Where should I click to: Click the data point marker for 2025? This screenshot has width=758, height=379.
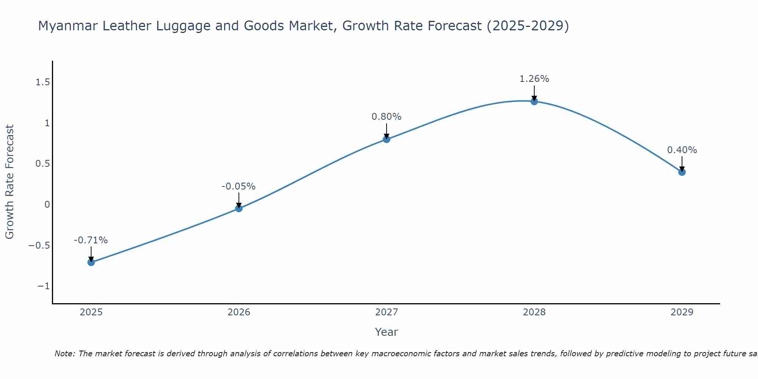pos(91,262)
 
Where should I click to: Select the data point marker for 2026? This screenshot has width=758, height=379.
pos(239,208)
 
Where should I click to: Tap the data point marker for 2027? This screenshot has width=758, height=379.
pos(387,139)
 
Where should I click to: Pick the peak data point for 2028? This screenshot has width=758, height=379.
pos(534,101)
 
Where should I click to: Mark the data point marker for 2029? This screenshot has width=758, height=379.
pos(682,172)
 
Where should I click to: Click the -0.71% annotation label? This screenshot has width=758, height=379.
pos(91,240)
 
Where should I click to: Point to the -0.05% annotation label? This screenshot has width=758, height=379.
pos(239,186)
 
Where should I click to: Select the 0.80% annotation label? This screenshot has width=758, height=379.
pos(387,117)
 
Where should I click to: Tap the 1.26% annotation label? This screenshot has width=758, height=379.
pos(534,79)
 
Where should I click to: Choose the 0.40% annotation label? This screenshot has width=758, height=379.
pos(682,150)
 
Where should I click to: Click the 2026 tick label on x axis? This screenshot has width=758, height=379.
pos(239,312)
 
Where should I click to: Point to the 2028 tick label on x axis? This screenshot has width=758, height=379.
pos(534,312)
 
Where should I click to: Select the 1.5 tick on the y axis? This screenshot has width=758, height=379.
pos(42,82)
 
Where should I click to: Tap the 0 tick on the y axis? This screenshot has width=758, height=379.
pos(47,205)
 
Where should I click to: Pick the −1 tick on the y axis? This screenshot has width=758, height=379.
pos(44,286)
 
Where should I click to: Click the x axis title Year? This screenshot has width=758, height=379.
pos(386,332)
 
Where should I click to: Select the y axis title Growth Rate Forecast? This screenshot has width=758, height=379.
pos(9,182)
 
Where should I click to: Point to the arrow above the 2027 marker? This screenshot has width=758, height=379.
pos(387,131)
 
